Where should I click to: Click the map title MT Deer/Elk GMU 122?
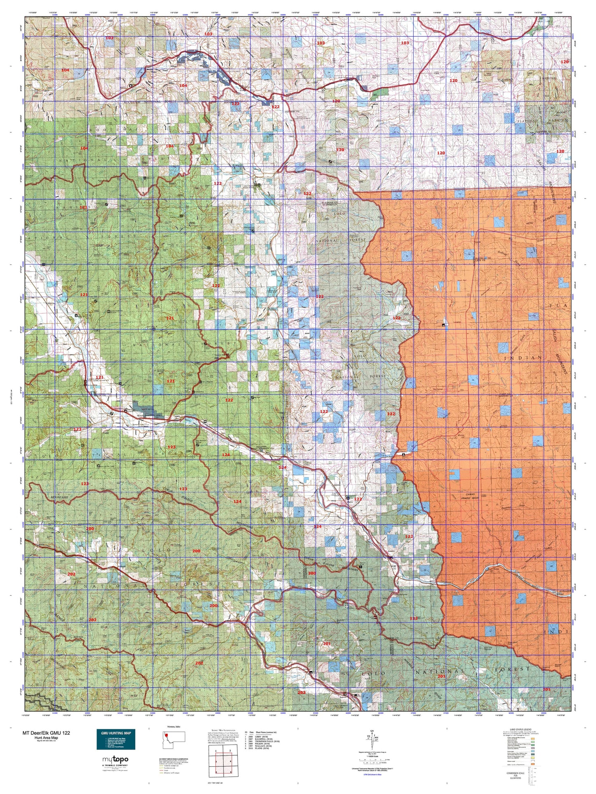(46, 733)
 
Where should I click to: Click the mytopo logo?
(115, 759)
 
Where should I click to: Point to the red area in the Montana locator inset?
(166, 735)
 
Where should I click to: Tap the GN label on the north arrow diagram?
(372, 732)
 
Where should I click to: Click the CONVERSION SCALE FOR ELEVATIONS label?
(517, 775)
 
